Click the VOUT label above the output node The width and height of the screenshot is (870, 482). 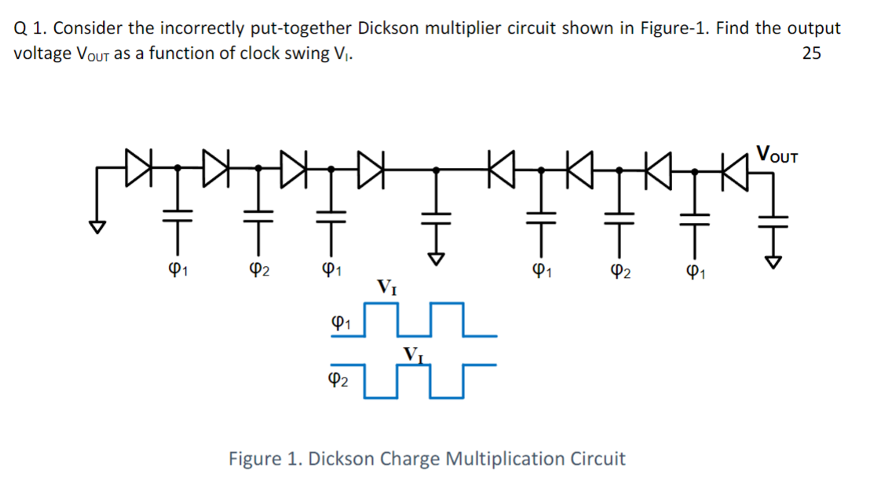click(777, 153)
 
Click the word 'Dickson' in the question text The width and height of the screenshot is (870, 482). click(389, 29)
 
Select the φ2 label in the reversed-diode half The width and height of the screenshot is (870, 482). click(616, 272)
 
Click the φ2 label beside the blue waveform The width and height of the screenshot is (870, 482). click(338, 380)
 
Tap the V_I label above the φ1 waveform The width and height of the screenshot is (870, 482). click(387, 286)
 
